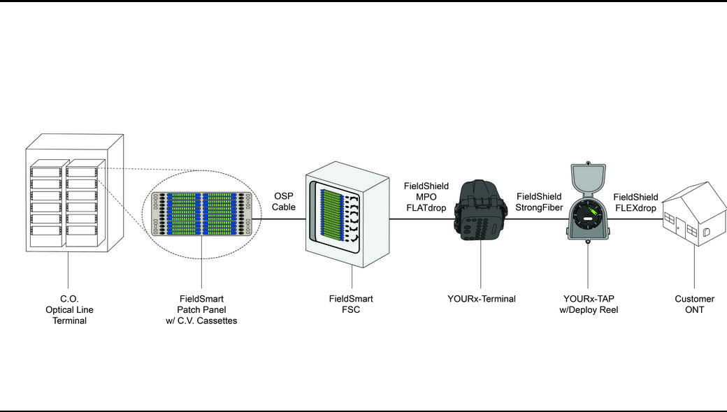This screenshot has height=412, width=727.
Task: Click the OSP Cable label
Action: tap(283, 201)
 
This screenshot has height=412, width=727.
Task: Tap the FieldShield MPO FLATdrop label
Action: tap(426, 197)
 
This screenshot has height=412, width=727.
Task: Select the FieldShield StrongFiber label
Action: tap(539, 202)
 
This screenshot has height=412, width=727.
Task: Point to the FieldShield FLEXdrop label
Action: tap(635, 203)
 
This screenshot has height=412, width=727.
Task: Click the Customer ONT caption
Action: tap(694, 304)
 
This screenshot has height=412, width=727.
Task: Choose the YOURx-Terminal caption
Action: tap(481, 299)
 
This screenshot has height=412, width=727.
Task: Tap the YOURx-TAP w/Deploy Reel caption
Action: tap(589, 304)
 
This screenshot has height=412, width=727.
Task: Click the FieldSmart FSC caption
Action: tap(351, 304)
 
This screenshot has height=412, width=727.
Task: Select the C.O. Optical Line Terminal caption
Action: tap(69, 309)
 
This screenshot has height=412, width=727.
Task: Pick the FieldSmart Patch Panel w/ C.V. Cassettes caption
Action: tap(201, 309)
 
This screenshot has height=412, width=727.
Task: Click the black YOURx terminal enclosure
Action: tap(480, 211)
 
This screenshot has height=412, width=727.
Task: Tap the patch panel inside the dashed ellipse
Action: tap(202, 214)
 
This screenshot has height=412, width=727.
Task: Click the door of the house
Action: tap(677, 228)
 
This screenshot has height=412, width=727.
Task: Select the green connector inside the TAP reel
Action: tap(592, 212)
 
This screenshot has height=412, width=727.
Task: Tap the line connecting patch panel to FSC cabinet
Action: tap(279, 219)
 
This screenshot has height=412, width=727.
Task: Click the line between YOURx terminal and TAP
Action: tap(536, 219)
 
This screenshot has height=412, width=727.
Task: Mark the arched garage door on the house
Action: tap(706, 231)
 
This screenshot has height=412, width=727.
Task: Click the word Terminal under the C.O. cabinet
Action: tap(69, 321)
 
